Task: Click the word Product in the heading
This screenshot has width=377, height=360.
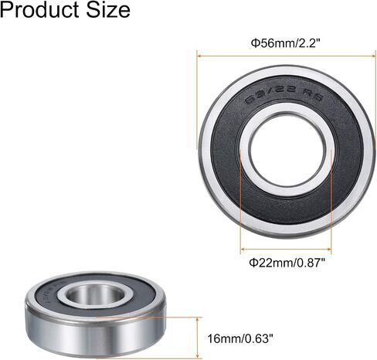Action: point(39,10)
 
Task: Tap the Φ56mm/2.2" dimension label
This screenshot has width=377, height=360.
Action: point(286,43)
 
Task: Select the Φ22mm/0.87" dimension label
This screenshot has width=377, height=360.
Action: point(287,263)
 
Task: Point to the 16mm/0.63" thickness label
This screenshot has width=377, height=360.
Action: point(240,338)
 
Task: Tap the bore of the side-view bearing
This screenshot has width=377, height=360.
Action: point(96,294)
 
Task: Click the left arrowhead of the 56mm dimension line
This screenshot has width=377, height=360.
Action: point(199,56)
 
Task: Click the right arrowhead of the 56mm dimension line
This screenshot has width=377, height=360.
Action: point(374,56)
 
